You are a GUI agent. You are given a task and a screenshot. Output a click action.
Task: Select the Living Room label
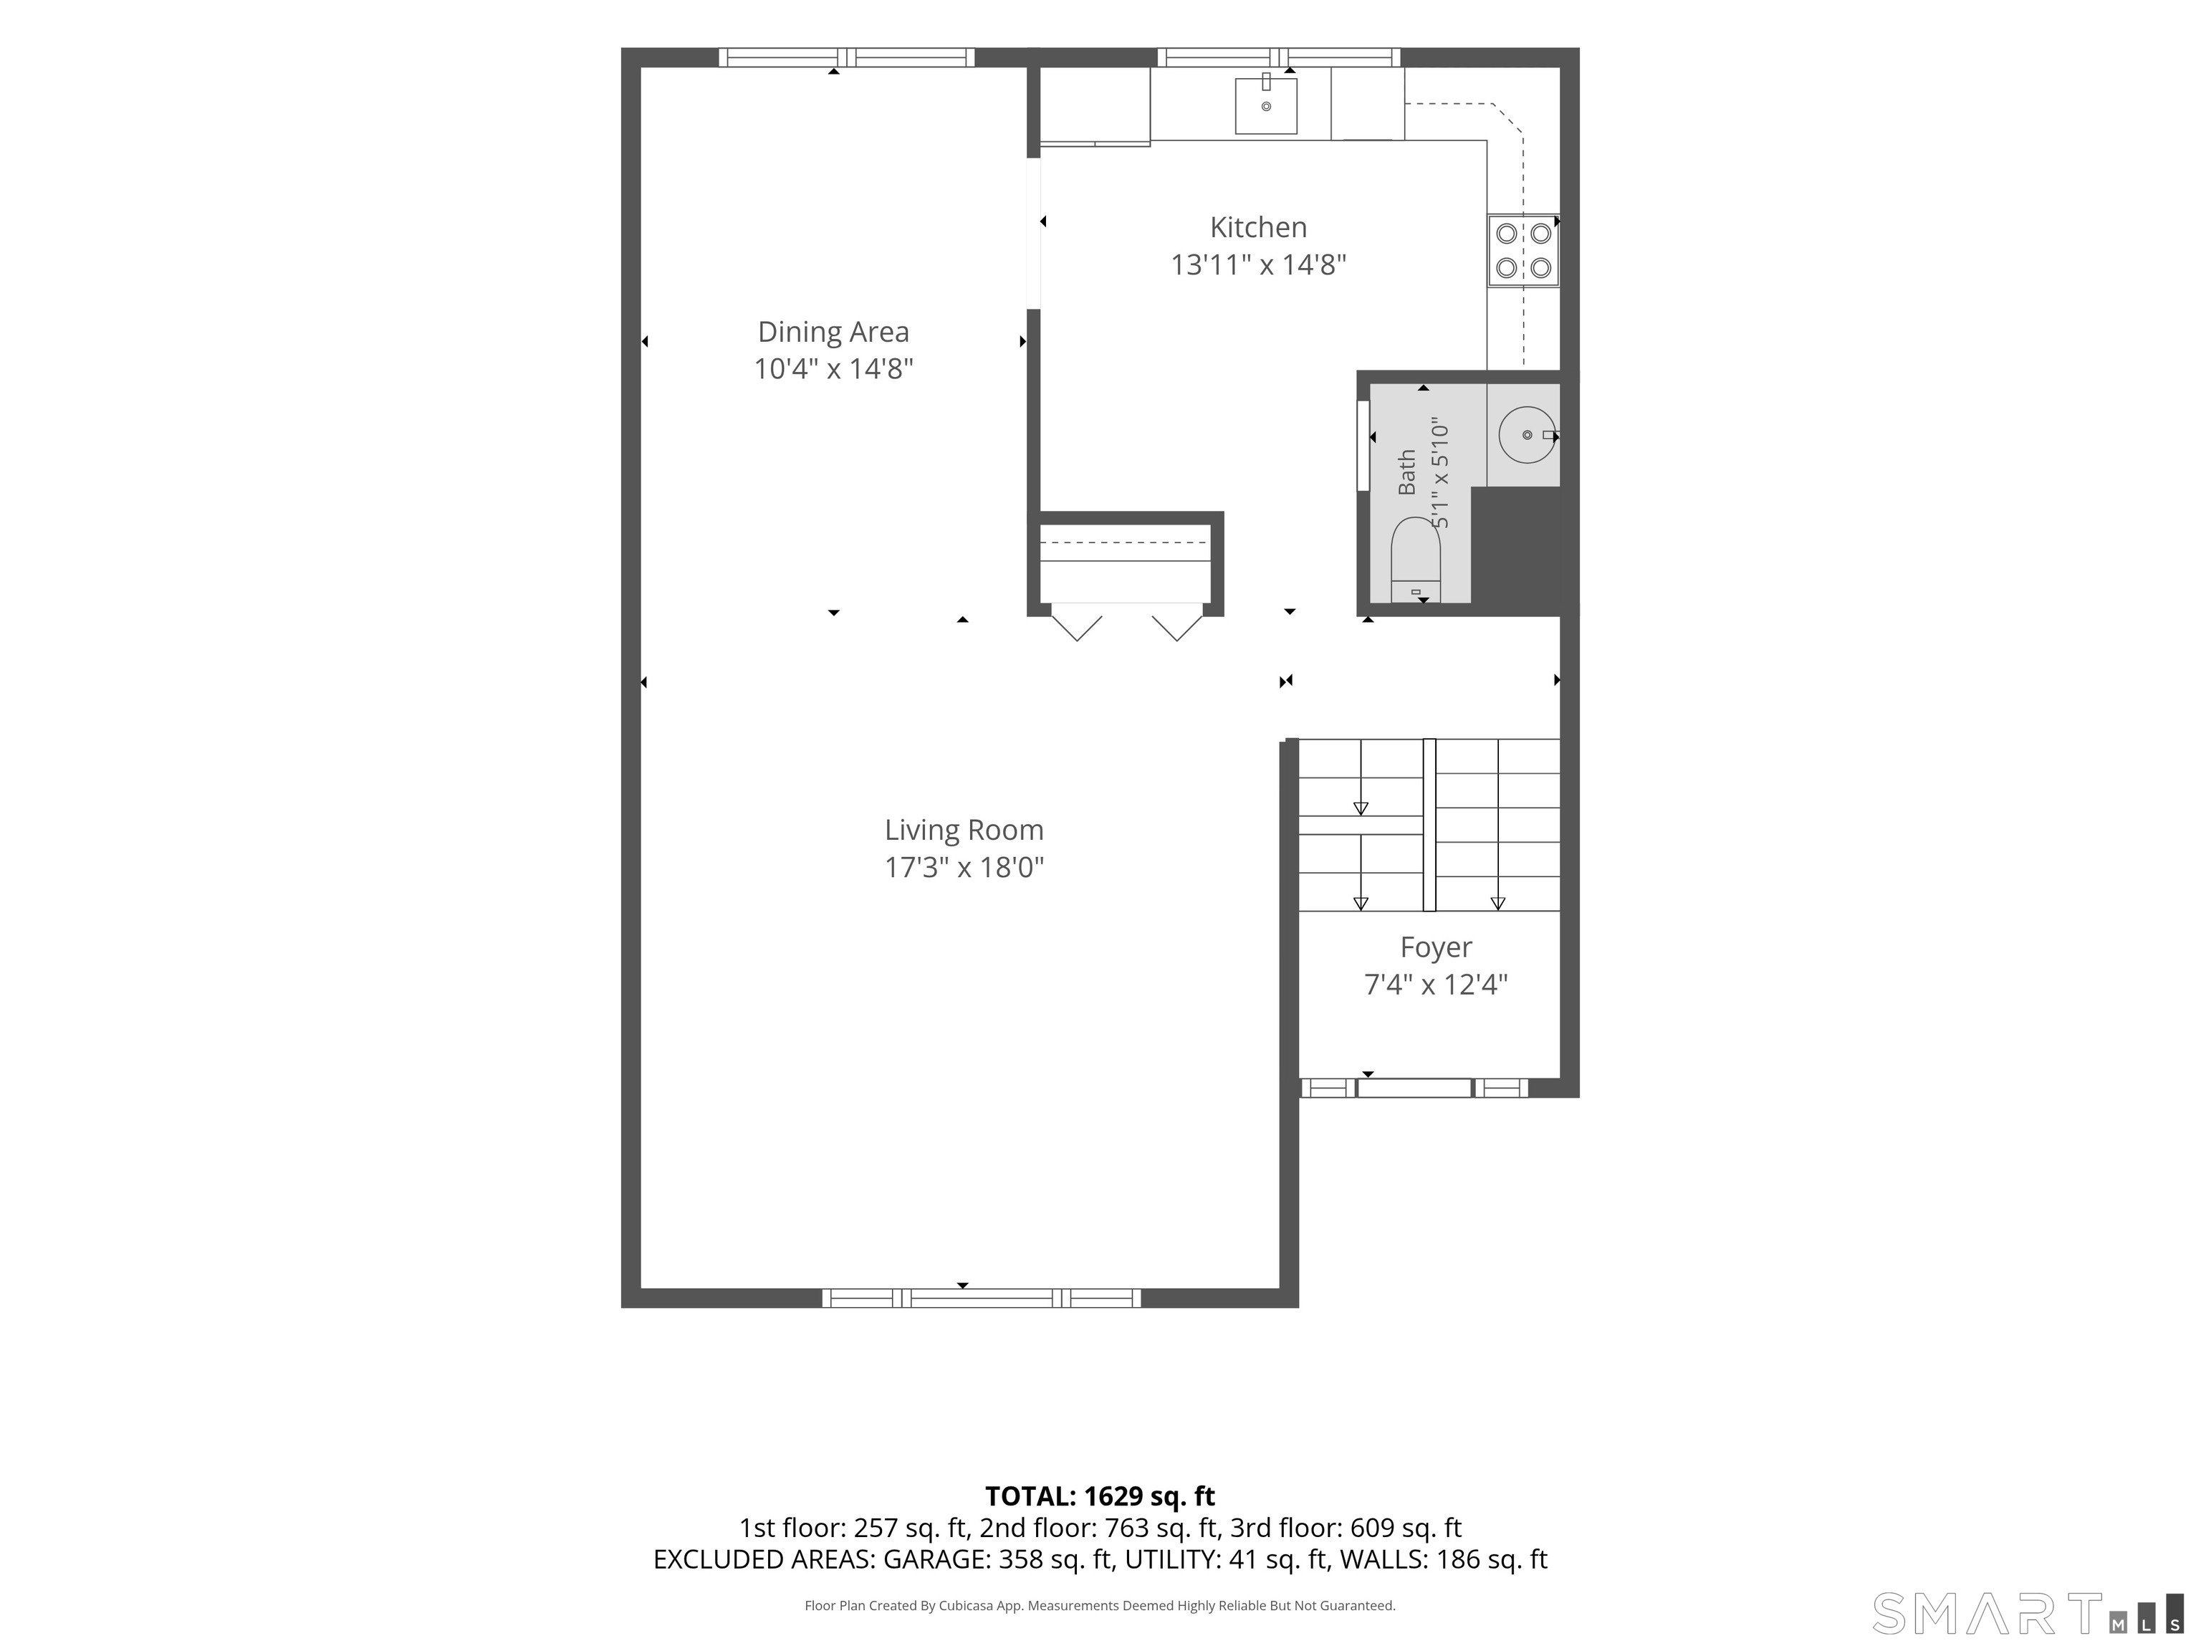point(964,830)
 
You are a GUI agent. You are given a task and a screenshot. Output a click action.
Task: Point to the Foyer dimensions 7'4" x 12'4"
point(1436,985)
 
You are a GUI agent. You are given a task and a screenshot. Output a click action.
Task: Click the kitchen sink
point(1266,105)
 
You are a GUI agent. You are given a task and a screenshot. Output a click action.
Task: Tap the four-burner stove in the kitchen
point(1523,251)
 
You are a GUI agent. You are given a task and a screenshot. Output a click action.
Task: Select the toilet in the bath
point(1416,559)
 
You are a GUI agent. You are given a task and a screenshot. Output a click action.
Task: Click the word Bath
point(1406,472)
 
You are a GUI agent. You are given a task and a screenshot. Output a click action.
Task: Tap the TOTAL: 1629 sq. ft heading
point(1100,1496)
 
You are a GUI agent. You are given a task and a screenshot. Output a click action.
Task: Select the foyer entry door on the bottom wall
point(1414,1088)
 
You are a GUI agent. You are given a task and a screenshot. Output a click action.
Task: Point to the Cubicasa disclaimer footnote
point(1100,1605)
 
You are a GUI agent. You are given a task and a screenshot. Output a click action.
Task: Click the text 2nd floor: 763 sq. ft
point(1098,1528)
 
